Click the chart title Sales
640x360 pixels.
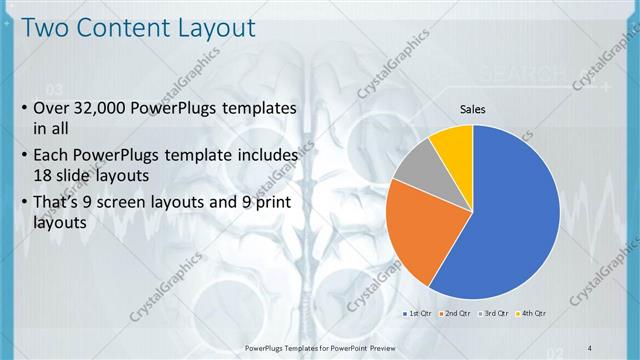point(473,108)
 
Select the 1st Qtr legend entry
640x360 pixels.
point(418,314)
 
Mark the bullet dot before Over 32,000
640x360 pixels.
point(22,108)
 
